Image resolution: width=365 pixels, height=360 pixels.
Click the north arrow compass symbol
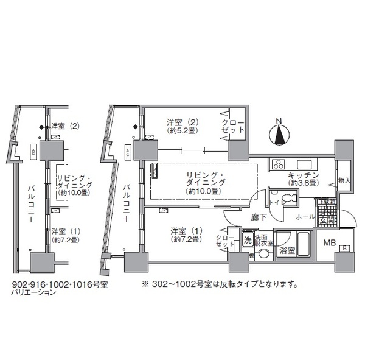279,133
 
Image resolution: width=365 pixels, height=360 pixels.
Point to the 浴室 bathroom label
288,250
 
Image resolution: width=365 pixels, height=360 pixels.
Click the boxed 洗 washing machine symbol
248,239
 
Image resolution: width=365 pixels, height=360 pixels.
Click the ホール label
304,216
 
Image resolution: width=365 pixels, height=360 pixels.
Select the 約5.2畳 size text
181,129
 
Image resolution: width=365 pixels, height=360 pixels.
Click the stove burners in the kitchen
279,163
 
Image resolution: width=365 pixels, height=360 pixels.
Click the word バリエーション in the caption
34,293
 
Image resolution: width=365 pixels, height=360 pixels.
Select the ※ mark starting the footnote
145,284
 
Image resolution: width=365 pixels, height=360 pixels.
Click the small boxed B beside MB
345,249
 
